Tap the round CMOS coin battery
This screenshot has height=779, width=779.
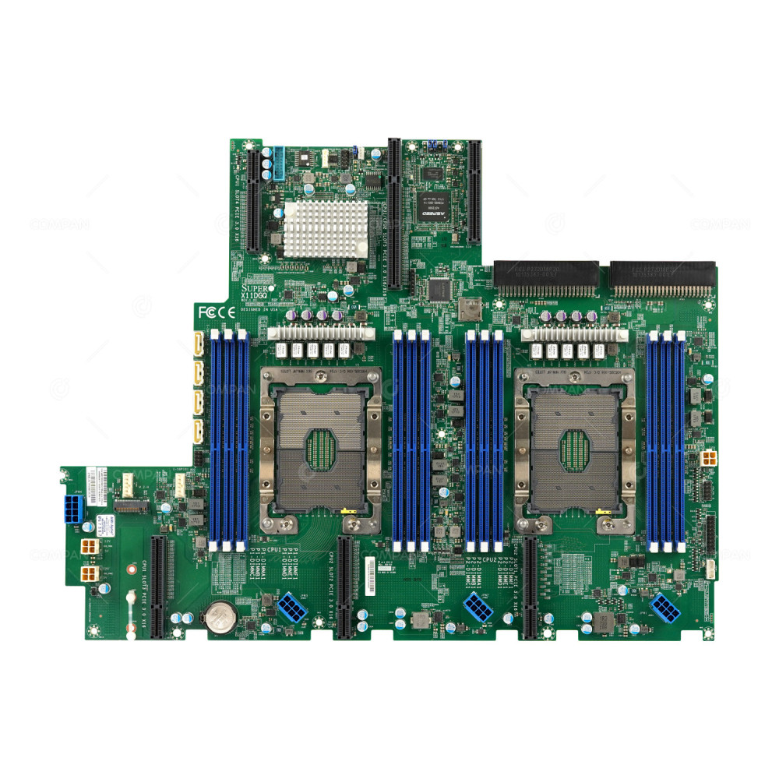click(x=220, y=619)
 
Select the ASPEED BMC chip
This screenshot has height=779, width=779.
click(x=431, y=201)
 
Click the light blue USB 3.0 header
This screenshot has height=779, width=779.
click(x=277, y=164)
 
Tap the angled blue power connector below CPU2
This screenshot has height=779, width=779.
click(x=477, y=606)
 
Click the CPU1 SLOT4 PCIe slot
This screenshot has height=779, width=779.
click(x=253, y=199)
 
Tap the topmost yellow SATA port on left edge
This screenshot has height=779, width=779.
click(x=197, y=344)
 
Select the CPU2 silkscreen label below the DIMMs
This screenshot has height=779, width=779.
click(x=489, y=559)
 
